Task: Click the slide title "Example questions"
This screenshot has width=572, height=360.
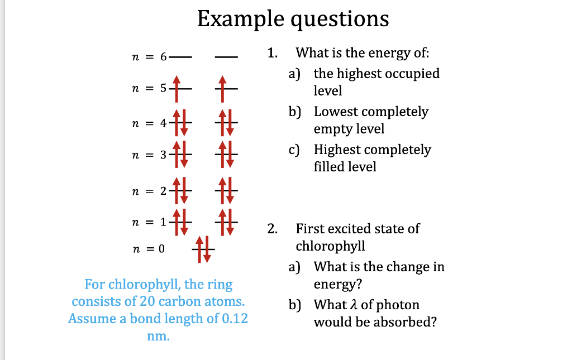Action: pos(293,19)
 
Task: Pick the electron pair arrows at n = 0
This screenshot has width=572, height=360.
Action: pos(203,248)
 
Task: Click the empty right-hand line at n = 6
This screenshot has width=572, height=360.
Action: pos(226,57)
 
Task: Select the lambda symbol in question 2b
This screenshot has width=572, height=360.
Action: pos(366,305)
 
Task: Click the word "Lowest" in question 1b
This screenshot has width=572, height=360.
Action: pos(335,112)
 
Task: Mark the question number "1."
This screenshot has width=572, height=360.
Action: pos(272,54)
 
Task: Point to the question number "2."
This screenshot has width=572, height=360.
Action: pos(272,229)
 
